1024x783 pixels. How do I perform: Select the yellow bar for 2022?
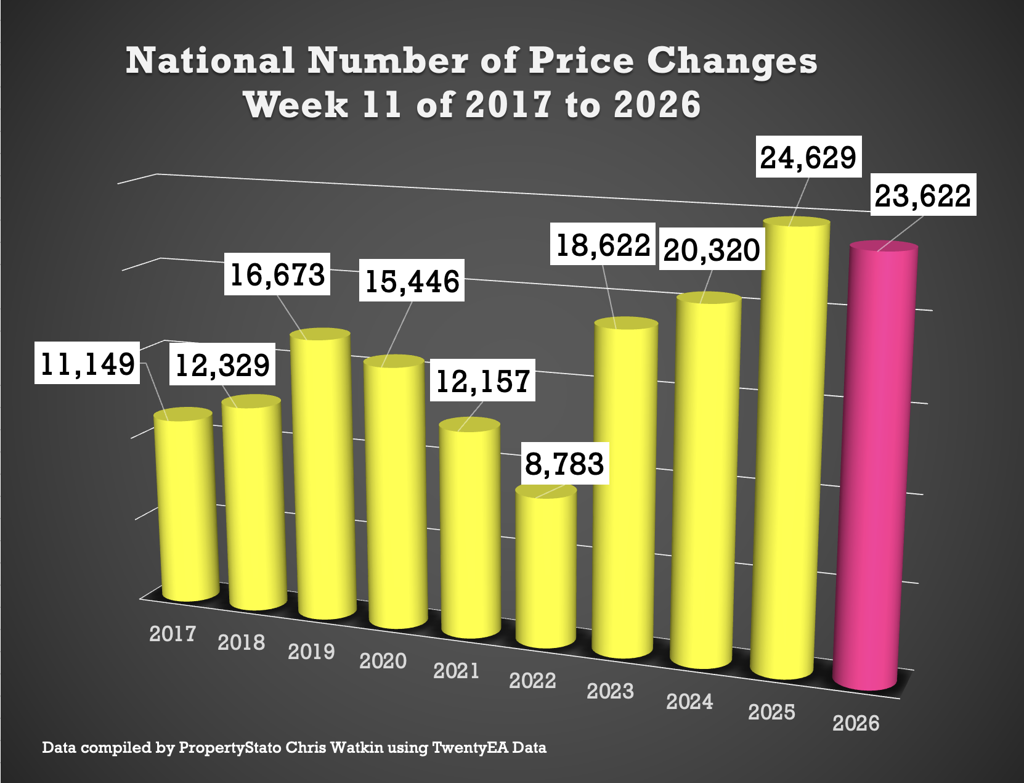pyautogui.click(x=547, y=567)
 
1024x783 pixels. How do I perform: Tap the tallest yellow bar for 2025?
pyautogui.click(x=790, y=450)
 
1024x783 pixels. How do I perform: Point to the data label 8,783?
pyautogui.click(x=564, y=464)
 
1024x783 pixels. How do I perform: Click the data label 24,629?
pyautogui.click(x=808, y=157)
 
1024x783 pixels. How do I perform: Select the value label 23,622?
pyautogui.click(x=922, y=195)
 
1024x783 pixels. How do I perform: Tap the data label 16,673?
pyautogui.click(x=277, y=274)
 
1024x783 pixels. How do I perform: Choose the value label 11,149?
pyautogui.click(x=87, y=363)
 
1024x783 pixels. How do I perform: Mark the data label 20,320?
pyautogui.click(x=712, y=250)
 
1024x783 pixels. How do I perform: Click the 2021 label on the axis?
pyautogui.click(x=456, y=670)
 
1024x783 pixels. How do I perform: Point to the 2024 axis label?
pyautogui.click(x=689, y=701)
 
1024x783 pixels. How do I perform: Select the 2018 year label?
pyautogui.click(x=241, y=642)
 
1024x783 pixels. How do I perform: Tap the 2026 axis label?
pyautogui.click(x=856, y=723)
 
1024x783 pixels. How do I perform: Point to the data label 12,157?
pyautogui.click(x=482, y=381)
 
